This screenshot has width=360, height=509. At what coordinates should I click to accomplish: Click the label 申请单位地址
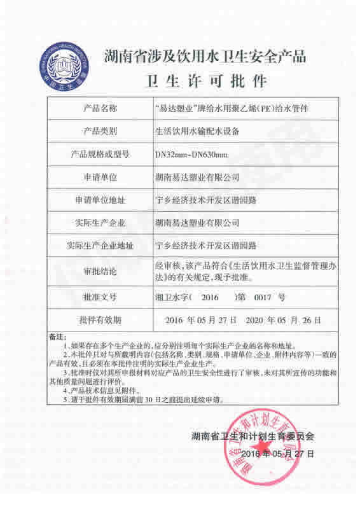click(100, 199)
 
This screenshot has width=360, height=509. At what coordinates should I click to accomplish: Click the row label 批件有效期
click(100, 317)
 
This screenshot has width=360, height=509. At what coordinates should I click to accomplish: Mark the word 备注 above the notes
click(58, 335)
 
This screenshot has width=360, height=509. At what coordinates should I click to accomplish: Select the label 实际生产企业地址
click(100, 245)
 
